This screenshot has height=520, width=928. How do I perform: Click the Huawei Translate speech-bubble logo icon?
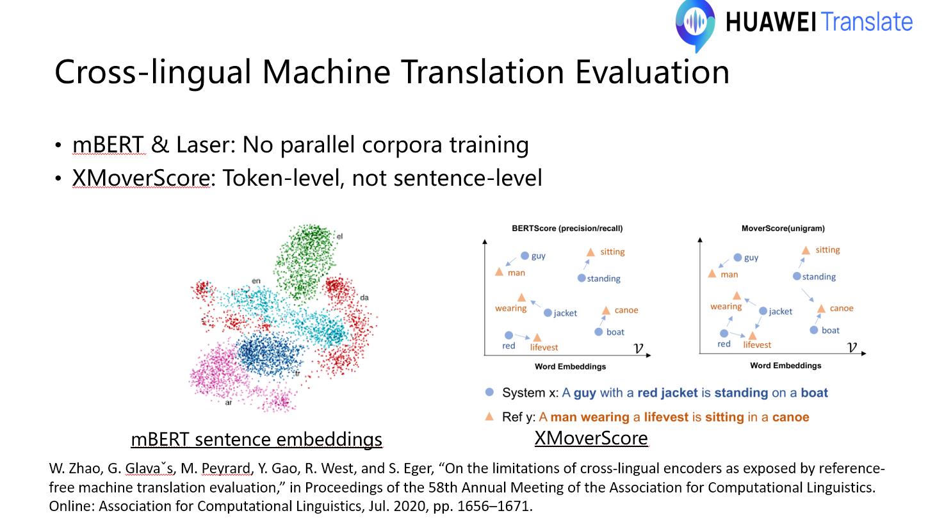tap(695, 25)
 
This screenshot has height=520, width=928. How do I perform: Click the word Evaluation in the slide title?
tap(652, 72)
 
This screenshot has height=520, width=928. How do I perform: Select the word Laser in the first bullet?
tap(202, 145)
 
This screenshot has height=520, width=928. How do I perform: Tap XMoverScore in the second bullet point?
tap(142, 178)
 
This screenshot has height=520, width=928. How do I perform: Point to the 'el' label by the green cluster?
tap(339, 236)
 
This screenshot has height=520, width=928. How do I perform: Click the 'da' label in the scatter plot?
tap(364, 298)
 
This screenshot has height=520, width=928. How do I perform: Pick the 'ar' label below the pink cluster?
tap(228, 403)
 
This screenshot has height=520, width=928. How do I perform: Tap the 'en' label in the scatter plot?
tap(256, 281)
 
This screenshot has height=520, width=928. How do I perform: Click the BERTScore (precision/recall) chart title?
tap(567, 229)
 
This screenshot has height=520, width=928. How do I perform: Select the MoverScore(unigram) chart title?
tap(783, 229)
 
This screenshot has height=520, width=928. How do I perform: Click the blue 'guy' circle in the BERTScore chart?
tap(525, 256)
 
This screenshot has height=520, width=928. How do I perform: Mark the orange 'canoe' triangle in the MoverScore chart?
tap(821, 309)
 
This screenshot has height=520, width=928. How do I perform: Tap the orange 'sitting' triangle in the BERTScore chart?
tap(590, 252)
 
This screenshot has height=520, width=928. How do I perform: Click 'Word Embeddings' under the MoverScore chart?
tap(785, 366)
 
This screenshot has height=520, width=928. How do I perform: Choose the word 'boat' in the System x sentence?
tap(814, 393)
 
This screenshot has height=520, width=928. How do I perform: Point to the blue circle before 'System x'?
tap(489, 392)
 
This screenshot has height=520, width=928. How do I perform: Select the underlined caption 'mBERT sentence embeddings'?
tap(256, 439)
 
